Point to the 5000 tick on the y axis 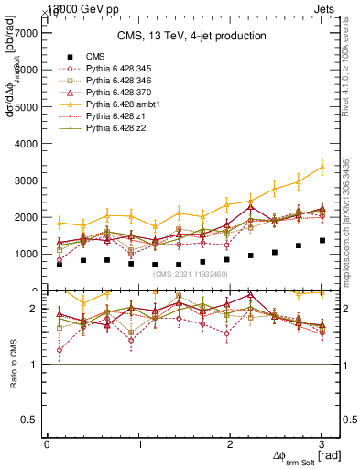coord(25,106)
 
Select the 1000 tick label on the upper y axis coord(25,254)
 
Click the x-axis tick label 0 coord(47,444)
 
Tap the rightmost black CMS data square coord(322,240)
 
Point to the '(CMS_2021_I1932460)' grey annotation coord(190,274)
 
